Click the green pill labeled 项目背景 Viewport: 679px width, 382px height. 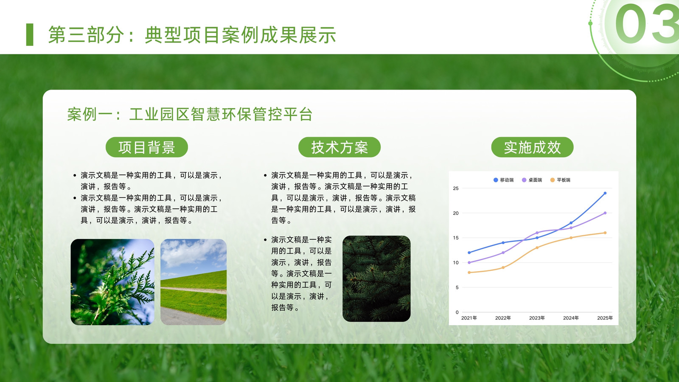coord(147,147)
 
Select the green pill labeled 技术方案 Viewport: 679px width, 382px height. coord(339,147)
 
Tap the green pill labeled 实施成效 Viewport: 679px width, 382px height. coord(532,147)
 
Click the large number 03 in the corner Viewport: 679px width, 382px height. coord(647,24)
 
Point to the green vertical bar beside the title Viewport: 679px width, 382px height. coord(30,34)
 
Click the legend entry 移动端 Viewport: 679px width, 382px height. coord(503,180)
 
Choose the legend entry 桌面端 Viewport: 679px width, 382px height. coord(532,180)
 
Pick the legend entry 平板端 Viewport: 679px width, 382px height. coord(560,180)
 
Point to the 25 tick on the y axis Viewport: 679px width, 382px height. coord(456,188)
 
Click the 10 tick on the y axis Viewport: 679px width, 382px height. coord(456,263)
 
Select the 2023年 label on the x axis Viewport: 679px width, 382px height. coord(537,318)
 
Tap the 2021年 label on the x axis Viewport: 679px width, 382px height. coord(469,318)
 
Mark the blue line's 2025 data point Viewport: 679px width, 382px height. coord(605,193)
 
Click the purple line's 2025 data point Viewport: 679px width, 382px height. coord(605,213)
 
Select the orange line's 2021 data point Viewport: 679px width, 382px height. coord(469,272)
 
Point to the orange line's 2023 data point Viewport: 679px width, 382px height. coord(537,248)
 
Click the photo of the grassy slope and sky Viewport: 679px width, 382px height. coord(194,282)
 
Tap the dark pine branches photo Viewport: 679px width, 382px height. coord(376,278)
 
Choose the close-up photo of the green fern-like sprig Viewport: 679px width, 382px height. coord(112,282)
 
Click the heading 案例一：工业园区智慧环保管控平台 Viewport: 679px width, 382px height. coord(190,114)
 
